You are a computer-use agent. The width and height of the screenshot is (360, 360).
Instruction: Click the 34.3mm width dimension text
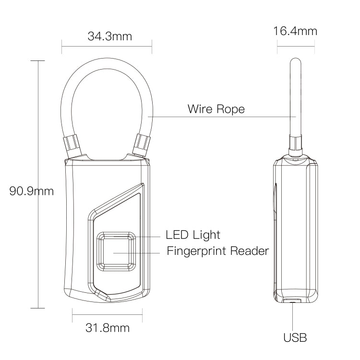[x=109, y=36]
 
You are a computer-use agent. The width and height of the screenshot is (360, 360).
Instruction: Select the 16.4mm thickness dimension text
[x=295, y=32]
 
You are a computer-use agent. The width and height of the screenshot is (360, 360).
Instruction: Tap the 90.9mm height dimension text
[x=32, y=191]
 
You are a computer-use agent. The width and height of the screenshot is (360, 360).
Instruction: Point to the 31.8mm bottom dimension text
[x=108, y=328]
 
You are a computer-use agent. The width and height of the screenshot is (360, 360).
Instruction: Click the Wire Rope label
[x=216, y=109]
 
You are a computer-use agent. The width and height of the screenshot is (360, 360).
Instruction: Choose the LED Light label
[x=192, y=235]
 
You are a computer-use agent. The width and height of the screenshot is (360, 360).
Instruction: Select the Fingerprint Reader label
[x=217, y=251]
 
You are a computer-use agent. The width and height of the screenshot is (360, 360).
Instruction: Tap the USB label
[x=295, y=337]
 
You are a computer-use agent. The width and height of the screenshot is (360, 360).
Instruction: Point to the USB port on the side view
[x=292, y=301]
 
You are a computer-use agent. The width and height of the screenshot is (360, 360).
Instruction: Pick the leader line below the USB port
[x=292, y=317]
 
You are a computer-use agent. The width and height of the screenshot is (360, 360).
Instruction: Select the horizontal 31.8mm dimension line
[x=107, y=314]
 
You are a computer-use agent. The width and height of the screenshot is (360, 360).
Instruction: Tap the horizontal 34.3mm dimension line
[x=107, y=47]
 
